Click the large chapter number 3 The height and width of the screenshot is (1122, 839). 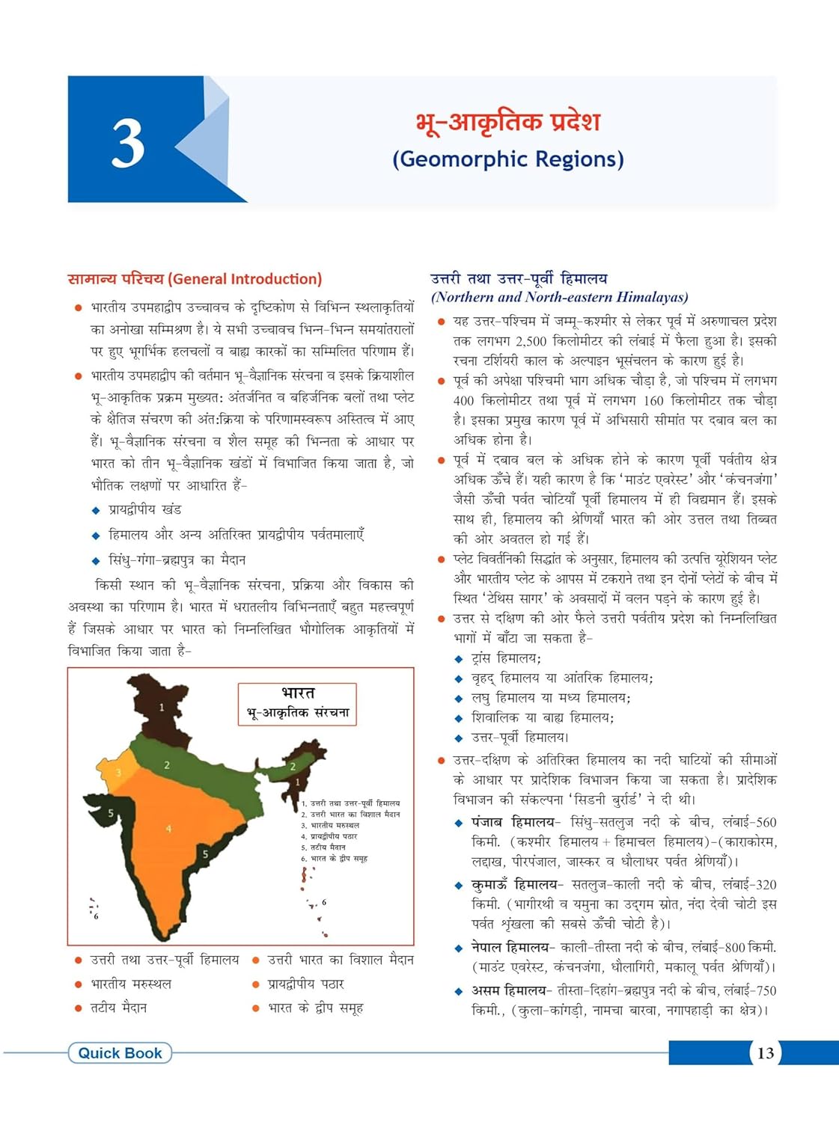pos(128,144)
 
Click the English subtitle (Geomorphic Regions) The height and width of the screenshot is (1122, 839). pos(507,159)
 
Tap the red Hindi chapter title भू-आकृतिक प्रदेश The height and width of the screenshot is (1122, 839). pos(507,122)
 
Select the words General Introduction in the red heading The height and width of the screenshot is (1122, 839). pos(245,279)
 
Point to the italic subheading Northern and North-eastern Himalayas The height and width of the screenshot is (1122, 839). pos(559,297)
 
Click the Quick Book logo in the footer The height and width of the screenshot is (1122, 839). pos(120,1053)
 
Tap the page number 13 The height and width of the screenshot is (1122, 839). pos(765,1053)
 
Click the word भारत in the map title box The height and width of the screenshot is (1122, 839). pos(298,693)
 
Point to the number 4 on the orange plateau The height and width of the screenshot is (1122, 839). pos(168,828)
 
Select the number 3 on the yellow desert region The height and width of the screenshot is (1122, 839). pos(118,773)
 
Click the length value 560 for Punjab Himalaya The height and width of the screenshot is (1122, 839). pos(766,822)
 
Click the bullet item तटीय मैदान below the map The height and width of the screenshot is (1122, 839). pos(118,1008)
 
